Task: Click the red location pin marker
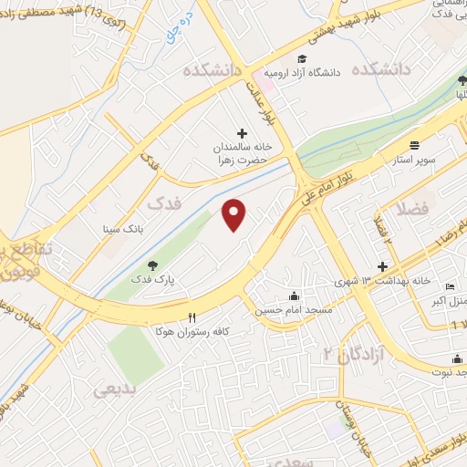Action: pos(235,214)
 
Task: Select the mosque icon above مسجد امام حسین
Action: pos(293,296)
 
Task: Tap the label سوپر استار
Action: pos(415,159)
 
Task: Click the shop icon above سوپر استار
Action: pos(415,144)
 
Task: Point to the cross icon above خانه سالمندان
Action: pos(242,132)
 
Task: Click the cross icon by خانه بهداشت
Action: pos(383,265)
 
